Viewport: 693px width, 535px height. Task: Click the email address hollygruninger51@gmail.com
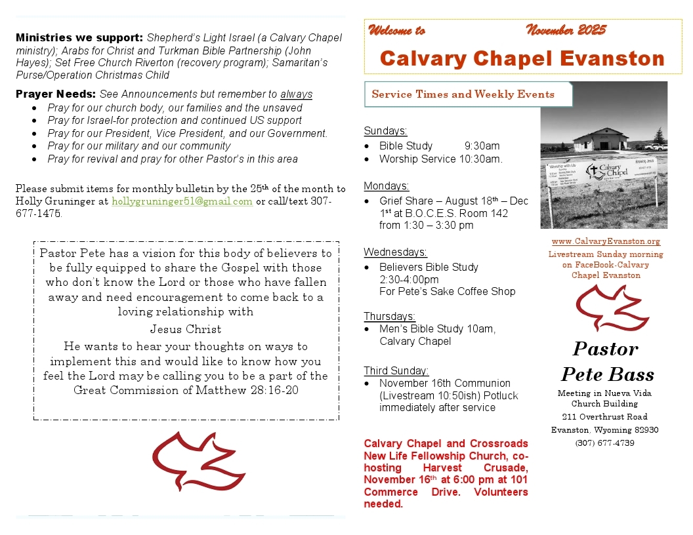pyautogui.click(x=182, y=201)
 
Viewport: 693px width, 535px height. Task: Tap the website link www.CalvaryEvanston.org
pyautogui.click(x=606, y=242)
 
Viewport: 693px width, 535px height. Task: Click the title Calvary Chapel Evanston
pyautogui.click(x=522, y=58)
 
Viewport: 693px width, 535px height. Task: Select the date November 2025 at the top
pyautogui.click(x=566, y=30)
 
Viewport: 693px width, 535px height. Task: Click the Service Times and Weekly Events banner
pyautogui.click(x=463, y=94)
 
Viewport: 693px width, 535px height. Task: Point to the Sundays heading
pyautogui.click(x=385, y=130)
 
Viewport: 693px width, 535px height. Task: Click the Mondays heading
pyautogui.click(x=387, y=186)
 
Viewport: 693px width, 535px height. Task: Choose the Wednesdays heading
pyautogui.click(x=395, y=252)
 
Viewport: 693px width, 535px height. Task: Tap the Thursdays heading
pyautogui.click(x=390, y=316)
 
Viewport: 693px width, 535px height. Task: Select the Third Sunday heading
pyautogui.click(x=396, y=370)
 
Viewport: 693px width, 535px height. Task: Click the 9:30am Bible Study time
pyautogui.click(x=482, y=146)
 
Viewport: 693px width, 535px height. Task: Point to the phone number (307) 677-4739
pyautogui.click(x=604, y=443)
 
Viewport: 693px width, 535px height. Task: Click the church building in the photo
pyautogui.click(x=600, y=138)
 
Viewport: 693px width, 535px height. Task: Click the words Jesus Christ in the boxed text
pyautogui.click(x=186, y=329)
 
